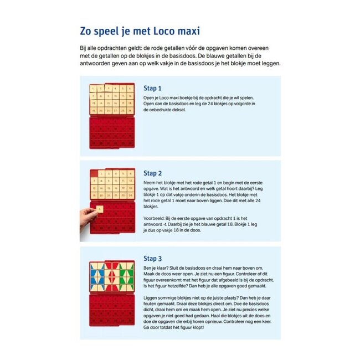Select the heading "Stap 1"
tap(152, 88)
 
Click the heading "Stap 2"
tap(152, 173)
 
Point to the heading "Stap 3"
tap(152, 258)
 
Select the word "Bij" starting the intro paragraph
tap(83, 49)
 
